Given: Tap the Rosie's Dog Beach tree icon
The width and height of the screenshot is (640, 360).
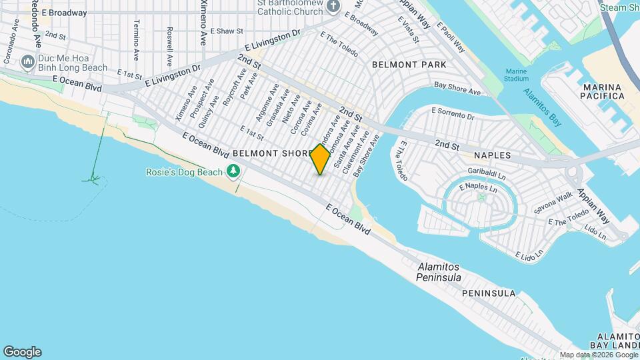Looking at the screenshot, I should coord(233,172).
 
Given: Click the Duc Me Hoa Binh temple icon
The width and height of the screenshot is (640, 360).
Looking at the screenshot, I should coord(27,62).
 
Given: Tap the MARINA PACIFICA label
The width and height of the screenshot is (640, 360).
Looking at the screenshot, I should coord(603,91).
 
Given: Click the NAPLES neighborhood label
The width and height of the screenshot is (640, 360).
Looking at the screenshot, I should coord(492,155).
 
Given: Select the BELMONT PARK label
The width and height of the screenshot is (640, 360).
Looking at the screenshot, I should coord(409,65).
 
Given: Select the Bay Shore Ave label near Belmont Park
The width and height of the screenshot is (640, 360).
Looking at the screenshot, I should coord(457,89).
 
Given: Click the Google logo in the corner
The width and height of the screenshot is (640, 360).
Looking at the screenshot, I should coord(22,351).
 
